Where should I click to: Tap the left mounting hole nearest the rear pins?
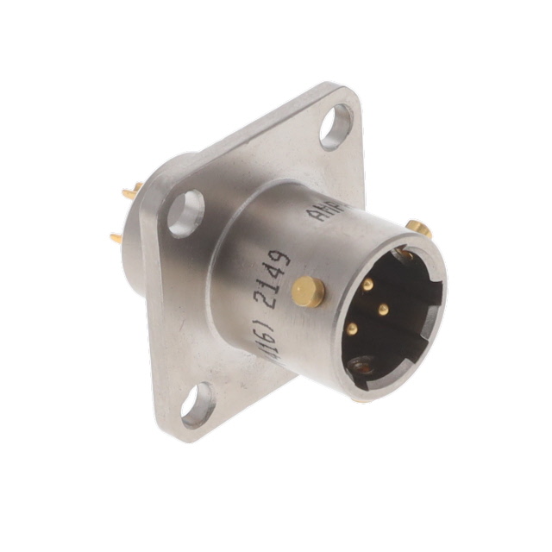point(186,213)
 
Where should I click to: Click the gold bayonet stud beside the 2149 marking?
point(308,291)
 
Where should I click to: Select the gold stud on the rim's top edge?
point(417,229)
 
